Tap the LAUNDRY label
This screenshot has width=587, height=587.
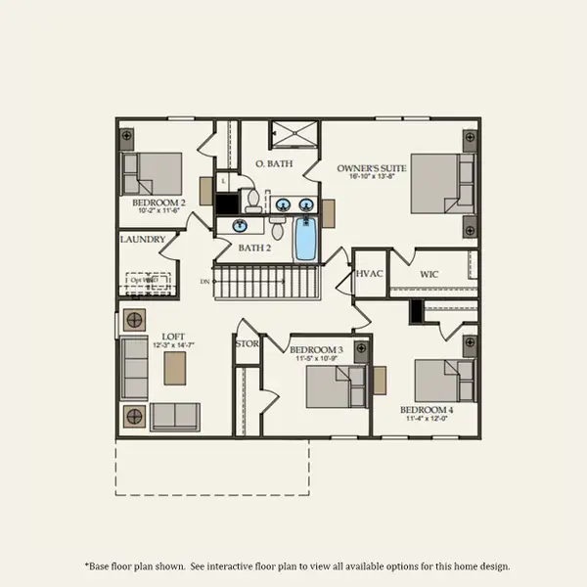tap(142, 240)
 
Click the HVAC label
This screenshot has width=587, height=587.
tap(370, 275)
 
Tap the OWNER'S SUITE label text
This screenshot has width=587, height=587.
tap(372, 168)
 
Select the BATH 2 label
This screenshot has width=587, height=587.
tap(254, 248)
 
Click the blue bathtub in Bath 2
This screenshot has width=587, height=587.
tap(306, 240)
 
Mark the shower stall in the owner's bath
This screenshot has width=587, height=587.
tap(290, 133)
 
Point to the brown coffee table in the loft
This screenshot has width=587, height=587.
tap(175, 368)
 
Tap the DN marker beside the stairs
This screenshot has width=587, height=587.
tap(204, 282)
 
